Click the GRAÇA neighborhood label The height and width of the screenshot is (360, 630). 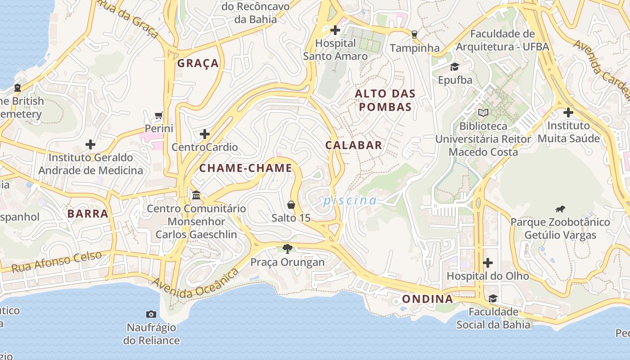[198, 63]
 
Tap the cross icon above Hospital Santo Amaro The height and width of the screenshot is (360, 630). [335, 31]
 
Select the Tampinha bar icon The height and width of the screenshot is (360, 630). [414, 35]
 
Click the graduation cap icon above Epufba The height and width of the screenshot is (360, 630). [454, 67]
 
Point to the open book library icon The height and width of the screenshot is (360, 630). [483, 112]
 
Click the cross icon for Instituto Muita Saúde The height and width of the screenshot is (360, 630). [568, 112]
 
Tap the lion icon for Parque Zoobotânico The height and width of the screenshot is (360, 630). [560, 209]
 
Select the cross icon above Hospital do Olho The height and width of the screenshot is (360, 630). [488, 262]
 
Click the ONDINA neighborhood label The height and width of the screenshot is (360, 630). [427, 299]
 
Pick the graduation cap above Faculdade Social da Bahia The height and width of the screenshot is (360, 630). [493, 298]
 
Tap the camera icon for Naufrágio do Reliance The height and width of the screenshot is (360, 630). [151, 314]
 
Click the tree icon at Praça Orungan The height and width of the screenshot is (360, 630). [287, 248]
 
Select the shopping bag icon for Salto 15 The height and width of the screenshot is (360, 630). [291, 205]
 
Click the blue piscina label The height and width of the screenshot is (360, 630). [350, 201]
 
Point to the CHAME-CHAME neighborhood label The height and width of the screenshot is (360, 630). [246, 168]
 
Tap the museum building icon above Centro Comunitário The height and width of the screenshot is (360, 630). [196, 195]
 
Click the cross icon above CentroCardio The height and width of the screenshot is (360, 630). [205, 134]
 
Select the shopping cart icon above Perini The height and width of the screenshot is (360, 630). [158, 116]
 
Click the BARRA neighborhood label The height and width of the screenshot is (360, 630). [88, 214]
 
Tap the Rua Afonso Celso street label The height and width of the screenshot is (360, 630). [57, 262]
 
